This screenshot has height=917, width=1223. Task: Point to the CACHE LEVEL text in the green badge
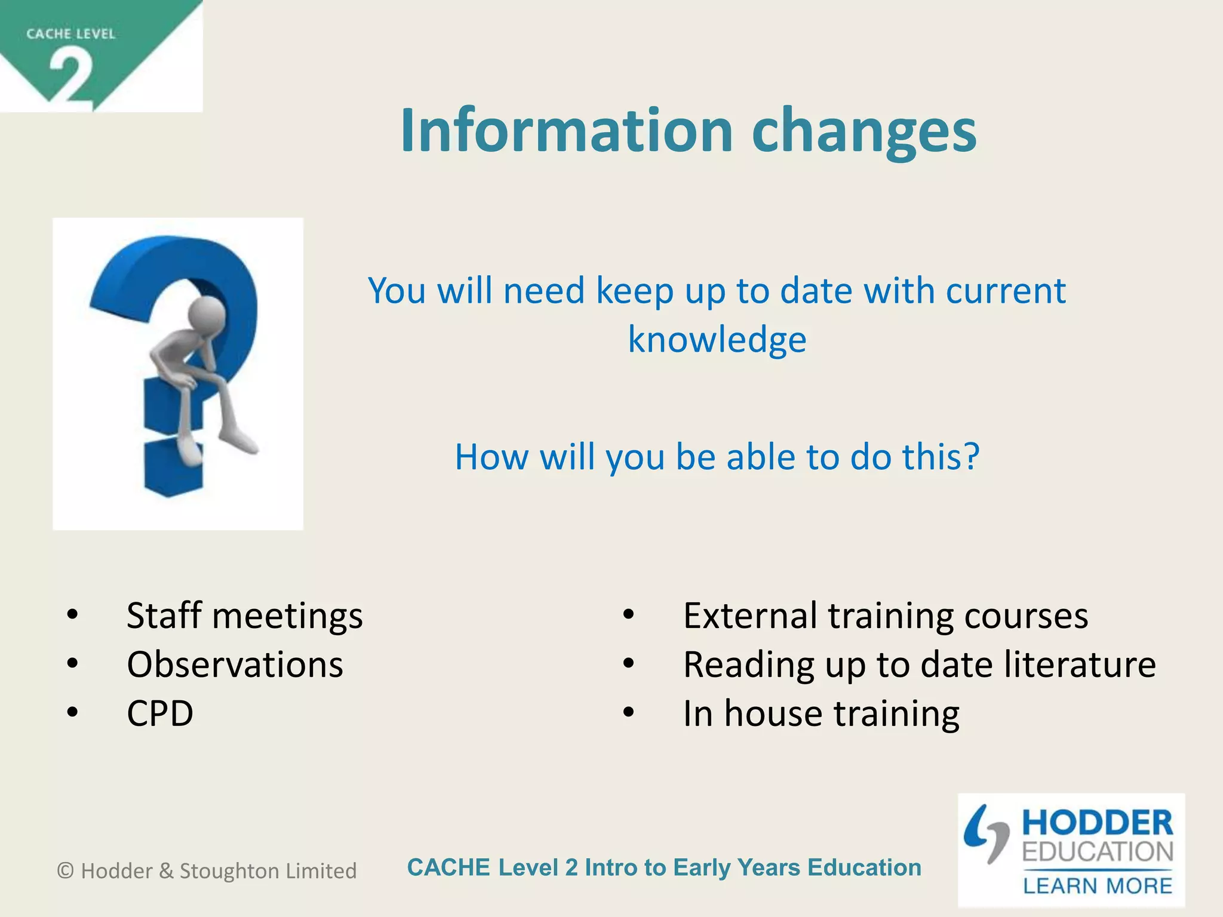click(x=70, y=34)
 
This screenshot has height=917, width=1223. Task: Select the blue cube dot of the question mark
click(x=174, y=469)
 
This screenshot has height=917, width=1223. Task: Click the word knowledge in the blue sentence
click(x=717, y=340)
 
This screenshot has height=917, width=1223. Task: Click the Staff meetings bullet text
click(x=244, y=616)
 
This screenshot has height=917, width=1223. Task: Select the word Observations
click(x=235, y=664)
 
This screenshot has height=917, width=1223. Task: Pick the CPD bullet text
click(x=160, y=713)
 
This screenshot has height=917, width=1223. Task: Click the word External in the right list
click(x=750, y=616)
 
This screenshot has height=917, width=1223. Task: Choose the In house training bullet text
click(x=821, y=713)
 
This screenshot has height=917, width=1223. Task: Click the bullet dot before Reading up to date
click(x=628, y=663)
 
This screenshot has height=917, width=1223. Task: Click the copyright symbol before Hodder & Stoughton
click(x=66, y=871)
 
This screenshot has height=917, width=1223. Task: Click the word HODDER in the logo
click(x=1097, y=823)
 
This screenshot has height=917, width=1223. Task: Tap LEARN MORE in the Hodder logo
click(x=1097, y=886)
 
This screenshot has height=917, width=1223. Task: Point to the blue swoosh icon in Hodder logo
click(x=985, y=833)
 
